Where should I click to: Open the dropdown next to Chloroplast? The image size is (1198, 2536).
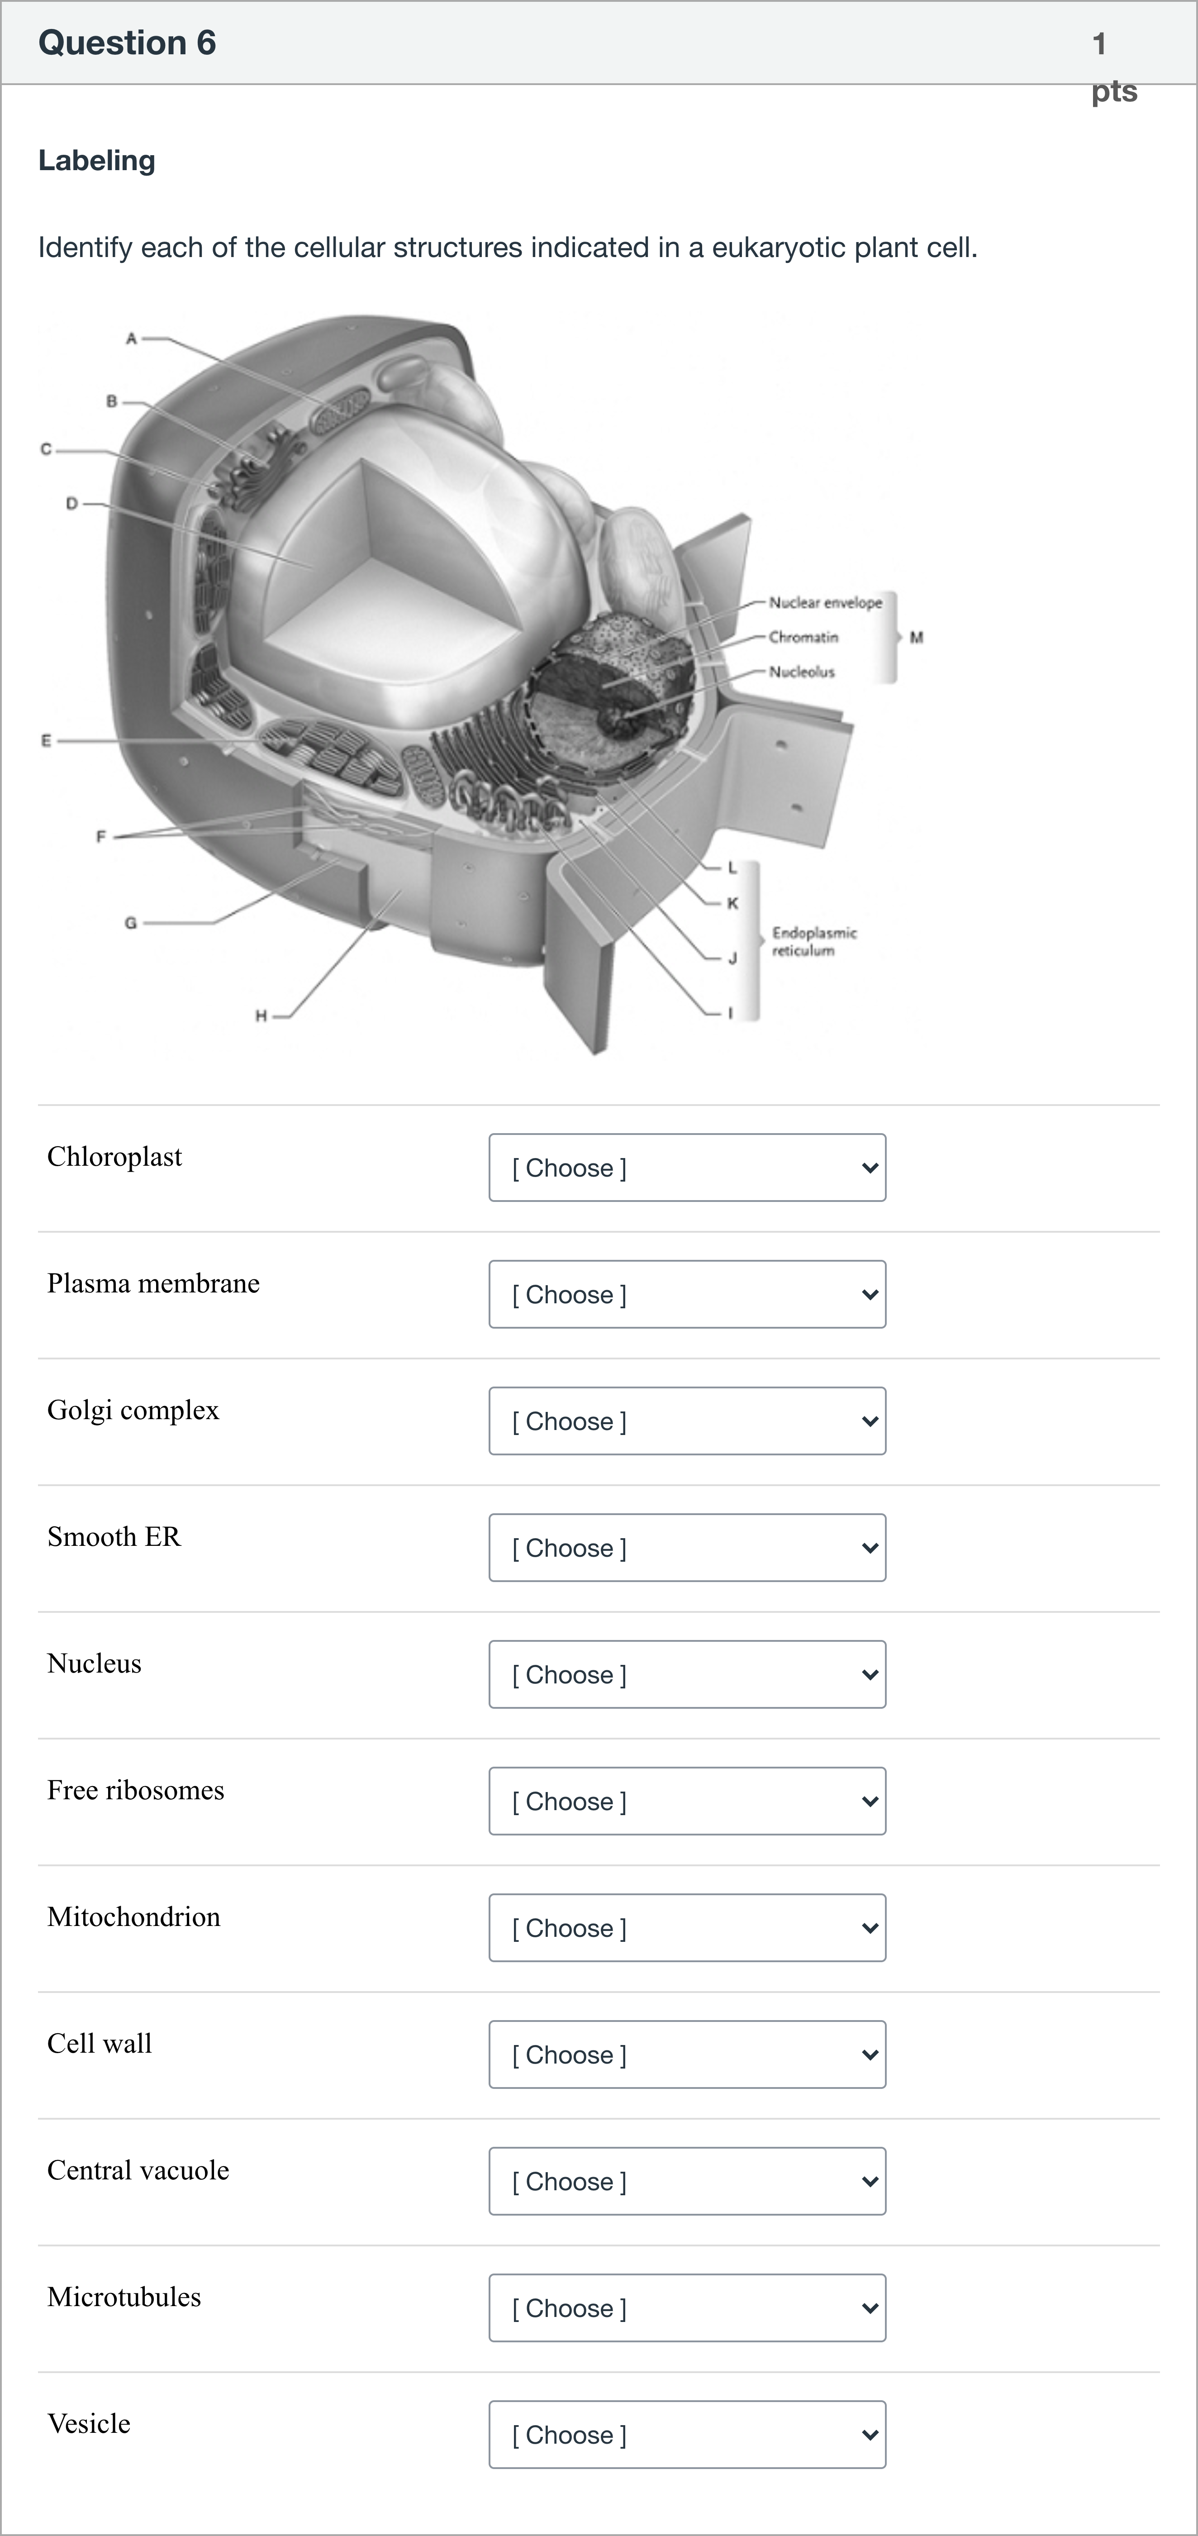[687, 1168]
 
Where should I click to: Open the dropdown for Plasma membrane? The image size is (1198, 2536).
[687, 1295]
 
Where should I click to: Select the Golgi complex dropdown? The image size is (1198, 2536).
[687, 1421]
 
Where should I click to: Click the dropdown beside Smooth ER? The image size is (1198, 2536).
[687, 1548]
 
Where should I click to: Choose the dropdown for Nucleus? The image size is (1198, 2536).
[687, 1674]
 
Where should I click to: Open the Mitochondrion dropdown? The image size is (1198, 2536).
[687, 1928]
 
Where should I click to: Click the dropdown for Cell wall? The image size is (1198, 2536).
[687, 2055]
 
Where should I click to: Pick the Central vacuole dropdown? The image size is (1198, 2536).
[687, 2182]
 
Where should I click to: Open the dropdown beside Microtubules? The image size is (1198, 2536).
[687, 2307]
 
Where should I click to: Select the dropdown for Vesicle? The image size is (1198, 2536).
[687, 2435]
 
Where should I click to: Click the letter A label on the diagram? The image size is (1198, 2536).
[131, 338]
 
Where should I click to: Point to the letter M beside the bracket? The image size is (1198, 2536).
[917, 637]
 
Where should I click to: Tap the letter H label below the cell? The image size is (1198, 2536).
[261, 1016]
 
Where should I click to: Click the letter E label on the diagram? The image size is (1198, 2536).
[45, 740]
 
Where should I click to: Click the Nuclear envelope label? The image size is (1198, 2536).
[826, 602]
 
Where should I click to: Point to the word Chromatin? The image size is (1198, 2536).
[804, 637]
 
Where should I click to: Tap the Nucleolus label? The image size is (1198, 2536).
[802, 672]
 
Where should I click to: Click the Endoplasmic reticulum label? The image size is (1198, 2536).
[814, 941]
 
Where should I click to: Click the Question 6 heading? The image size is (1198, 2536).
[127, 43]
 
